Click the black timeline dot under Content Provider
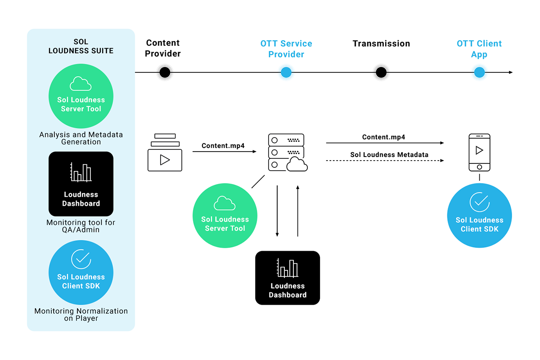[x=165, y=72]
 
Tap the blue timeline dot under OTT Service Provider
[x=286, y=72]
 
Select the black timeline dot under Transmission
[x=381, y=72]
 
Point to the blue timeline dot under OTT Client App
[x=479, y=72]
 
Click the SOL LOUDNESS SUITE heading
[x=81, y=46]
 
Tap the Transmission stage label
[x=381, y=44]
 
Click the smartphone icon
[x=479, y=153]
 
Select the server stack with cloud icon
[x=288, y=153]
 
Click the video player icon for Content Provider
[x=165, y=153]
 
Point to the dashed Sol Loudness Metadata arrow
[x=385, y=161]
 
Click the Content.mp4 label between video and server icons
[x=223, y=146]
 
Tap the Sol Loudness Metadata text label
[x=389, y=154]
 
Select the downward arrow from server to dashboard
[x=277, y=211]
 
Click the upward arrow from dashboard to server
[x=298, y=211]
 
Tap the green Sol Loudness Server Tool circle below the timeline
[x=225, y=216]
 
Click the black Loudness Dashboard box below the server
[x=288, y=278]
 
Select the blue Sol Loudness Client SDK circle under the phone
[x=479, y=215]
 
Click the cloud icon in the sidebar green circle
[x=81, y=84]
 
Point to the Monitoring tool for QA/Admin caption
[x=81, y=226]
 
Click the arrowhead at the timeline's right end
[x=511, y=72]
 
